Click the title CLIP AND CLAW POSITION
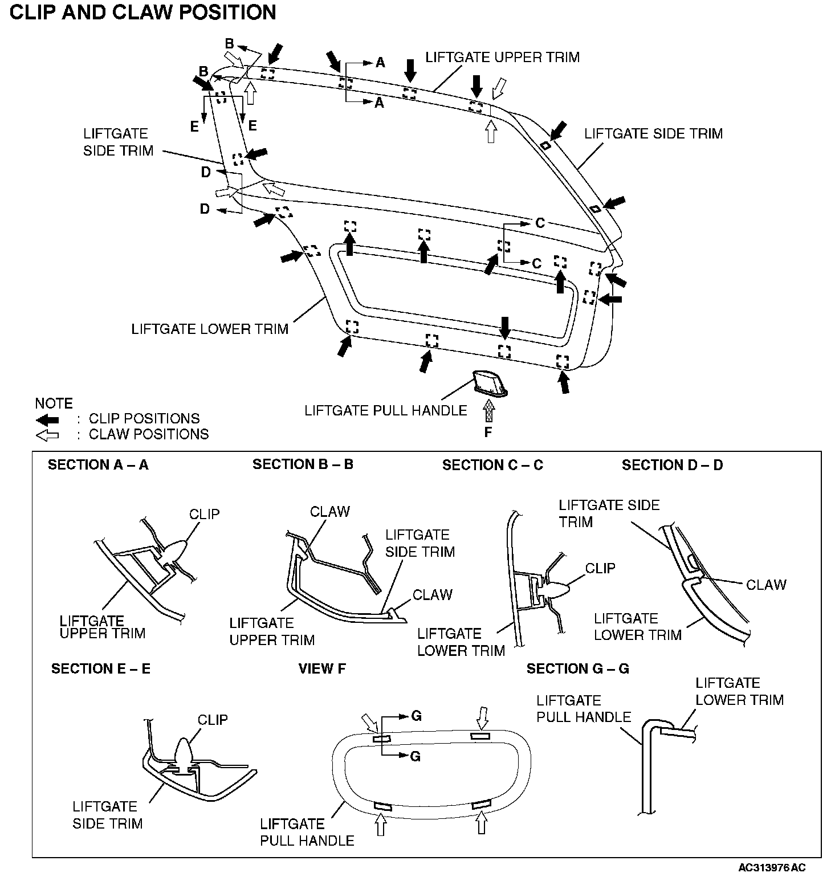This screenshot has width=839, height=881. click(x=143, y=13)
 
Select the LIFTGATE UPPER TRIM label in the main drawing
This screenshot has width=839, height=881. click(x=503, y=57)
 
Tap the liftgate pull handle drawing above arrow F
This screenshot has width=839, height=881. click(x=490, y=382)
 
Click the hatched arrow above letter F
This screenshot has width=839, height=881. click(x=488, y=411)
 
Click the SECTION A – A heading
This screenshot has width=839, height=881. click(x=98, y=465)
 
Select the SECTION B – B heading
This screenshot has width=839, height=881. click(x=303, y=464)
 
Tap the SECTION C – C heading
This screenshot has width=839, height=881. click(x=492, y=466)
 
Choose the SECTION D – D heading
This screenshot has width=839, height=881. click(x=672, y=465)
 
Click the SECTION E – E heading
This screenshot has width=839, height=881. click(x=101, y=668)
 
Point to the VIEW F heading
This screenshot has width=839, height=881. click(x=322, y=668)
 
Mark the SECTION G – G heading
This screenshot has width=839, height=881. click(x=577, y=668)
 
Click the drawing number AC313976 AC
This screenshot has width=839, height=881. click(x=772, y=868)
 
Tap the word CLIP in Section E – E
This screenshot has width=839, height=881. click(x=213, y=720)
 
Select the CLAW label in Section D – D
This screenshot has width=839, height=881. click(x=766, y=585)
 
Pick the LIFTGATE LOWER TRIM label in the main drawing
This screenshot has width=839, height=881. click(x=210, y=329)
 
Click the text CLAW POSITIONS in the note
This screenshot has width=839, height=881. click(x=149, y=434)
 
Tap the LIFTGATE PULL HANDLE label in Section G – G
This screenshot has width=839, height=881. click(x=584, y=708)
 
